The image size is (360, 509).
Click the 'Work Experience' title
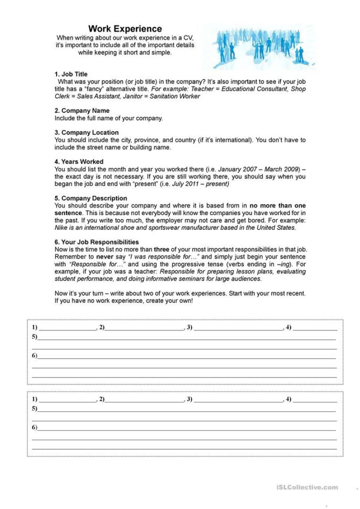tap(125, 29)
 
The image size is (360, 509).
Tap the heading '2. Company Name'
tap(82, 111)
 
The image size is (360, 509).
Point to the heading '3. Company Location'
tap(87, 133)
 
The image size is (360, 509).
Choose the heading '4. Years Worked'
tap(79, 162)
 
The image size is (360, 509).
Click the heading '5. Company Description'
tap(91, 198)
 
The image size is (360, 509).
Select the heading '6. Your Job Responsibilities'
tap(97, 242)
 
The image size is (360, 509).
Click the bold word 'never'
tap(105, 257)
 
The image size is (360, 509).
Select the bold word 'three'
tap(163, 249)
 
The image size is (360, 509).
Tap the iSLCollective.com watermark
tap(307, 487)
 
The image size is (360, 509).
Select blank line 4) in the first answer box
tap(314, 328)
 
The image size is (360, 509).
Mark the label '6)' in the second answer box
tap(35, 428)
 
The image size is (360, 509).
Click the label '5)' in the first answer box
tap(35, 336)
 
